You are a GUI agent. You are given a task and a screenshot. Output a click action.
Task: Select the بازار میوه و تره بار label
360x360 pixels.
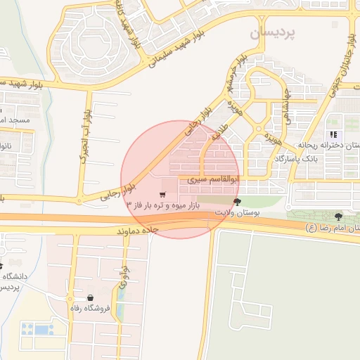click(163, 205)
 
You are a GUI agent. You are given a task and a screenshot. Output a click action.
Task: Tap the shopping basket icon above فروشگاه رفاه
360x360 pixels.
click(91, 297)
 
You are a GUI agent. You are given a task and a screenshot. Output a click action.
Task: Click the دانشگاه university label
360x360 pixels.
click(14, 276)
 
